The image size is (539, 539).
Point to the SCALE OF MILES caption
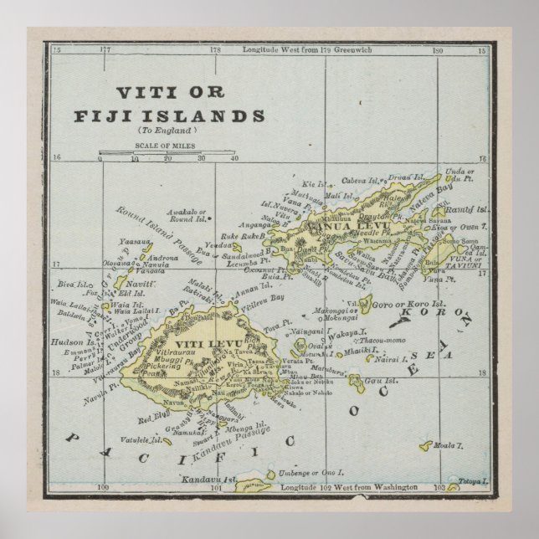166,145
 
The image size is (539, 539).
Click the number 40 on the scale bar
234,158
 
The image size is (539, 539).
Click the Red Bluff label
154,415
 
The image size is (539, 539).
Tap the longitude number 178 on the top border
215,50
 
